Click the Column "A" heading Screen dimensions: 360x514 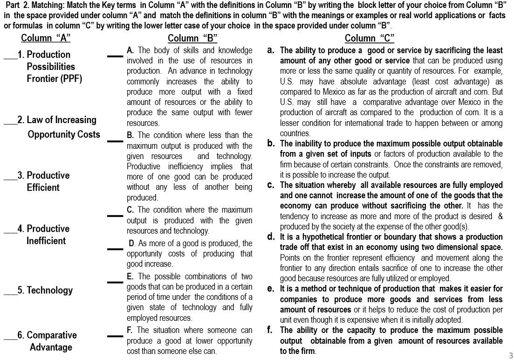click(x=46, y=38)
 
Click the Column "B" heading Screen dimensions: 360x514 click(x=192, y=38)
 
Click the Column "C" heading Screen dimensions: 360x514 click(x=370, y=38)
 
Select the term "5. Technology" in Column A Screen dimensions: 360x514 click(x=45, y=291)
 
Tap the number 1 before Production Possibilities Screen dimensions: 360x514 click(x=20, y=55)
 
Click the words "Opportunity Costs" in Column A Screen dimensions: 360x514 click(x=64, y=134)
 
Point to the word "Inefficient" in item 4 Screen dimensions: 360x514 click(x=46, y=241)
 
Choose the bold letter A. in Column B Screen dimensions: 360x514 click(x=130, y=50)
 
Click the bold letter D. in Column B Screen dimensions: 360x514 click(x=132, y=243)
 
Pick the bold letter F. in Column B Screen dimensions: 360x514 click(x=130, y=331)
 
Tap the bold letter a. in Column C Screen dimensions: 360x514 click(x=270, y=50)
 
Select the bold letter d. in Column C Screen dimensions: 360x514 click(x=270, y=236)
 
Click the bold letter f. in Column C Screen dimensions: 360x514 click(x=270, y=330)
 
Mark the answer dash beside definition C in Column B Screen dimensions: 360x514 click(x=115, y=215)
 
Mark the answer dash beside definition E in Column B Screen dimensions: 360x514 click(x=115, y=282)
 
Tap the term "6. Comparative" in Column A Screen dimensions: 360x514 click(x=45, y=335)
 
